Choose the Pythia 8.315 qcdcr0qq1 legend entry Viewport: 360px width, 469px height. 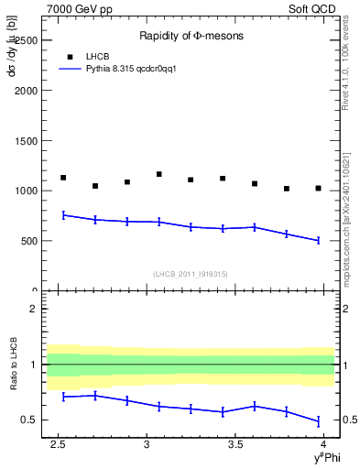pos(110,69)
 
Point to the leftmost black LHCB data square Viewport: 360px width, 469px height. pos(63,178)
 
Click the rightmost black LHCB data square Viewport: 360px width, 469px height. pos(318,188)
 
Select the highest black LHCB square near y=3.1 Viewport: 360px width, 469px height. pos(159,174)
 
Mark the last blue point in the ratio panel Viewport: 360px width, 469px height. pos(318,421)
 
